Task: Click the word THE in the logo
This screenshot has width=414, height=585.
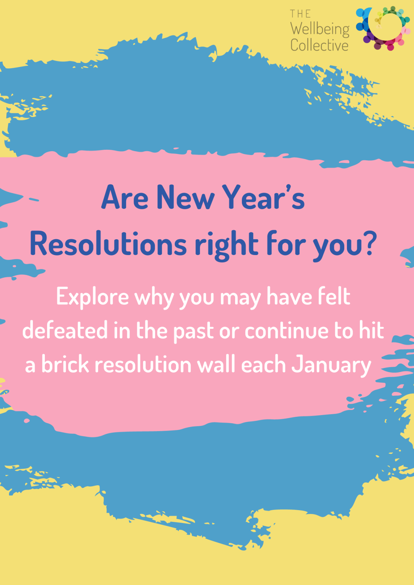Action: [x=301, y=14]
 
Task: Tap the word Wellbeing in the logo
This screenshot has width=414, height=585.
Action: [x=320, y=29]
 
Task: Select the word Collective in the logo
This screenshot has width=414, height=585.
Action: [x=319, y=45]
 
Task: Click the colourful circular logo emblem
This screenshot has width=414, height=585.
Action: [x=383, y=28]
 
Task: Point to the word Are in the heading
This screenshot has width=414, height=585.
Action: [x=125, y=197]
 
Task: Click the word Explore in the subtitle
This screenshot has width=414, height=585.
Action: [x=93, y=298]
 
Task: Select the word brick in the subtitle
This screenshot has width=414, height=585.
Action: [x=66, y=364]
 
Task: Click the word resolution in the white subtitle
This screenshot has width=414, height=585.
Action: [x=143, y=364]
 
